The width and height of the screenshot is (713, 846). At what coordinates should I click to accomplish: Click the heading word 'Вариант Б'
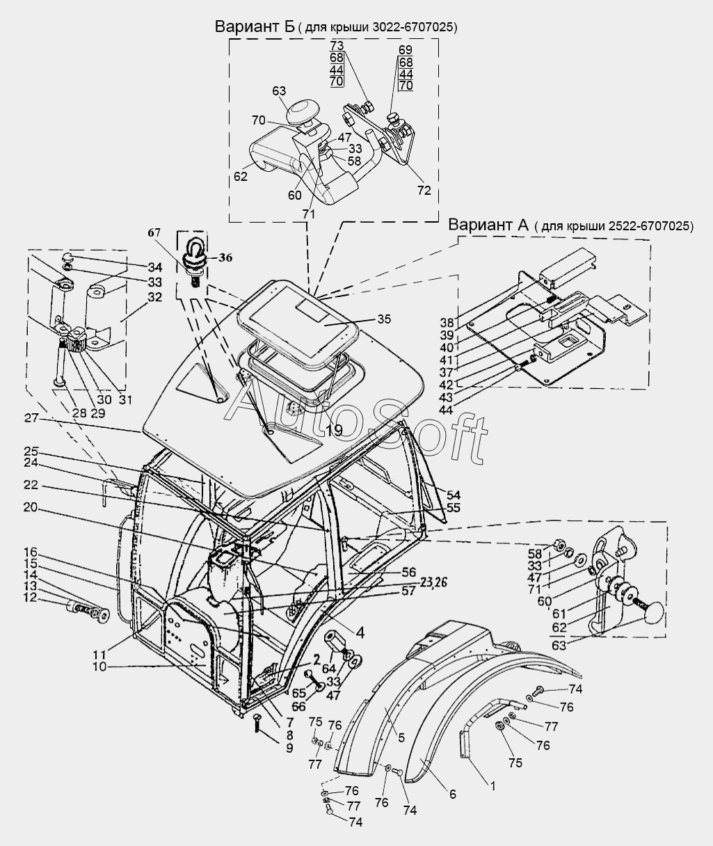(255, 26)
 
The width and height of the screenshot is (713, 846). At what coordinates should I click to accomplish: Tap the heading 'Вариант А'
(488, 225)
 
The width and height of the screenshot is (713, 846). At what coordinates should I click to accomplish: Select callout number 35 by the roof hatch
(384, 319)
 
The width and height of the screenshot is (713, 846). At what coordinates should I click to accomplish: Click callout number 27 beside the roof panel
(31, 417)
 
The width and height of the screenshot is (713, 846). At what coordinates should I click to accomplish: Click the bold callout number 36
(225, 257)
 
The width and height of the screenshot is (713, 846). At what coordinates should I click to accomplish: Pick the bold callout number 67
(154, 232)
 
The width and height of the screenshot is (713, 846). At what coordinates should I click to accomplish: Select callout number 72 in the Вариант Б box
(424, 190)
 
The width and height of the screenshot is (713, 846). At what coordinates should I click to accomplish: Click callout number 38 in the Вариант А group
(448, 323)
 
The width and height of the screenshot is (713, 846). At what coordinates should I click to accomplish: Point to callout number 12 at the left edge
(31, 598)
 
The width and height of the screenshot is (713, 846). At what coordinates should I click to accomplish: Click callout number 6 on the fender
(453, 794)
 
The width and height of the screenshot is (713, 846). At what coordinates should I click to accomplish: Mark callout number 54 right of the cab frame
(454, 495)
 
